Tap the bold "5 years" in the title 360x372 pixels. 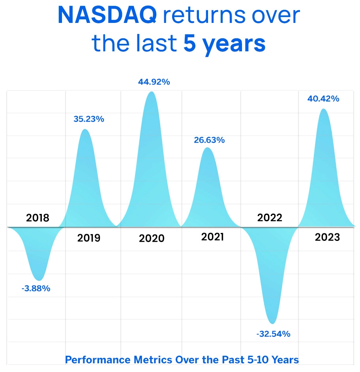pyautogui.click(x=224, y=44)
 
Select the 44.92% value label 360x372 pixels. pyautogui.click(x=154, y=83)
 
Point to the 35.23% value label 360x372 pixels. pyautogui.click(x=89, y=119)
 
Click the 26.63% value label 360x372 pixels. pyautogui.click(x=209, y=140)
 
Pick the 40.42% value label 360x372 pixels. pyautogui.click(x=323, y=99)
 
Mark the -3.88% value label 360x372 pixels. pyautogui.click(x=36, y=289)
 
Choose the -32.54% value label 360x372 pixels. pyautogui.click(x=273, y=334)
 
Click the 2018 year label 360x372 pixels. pyautogui.click(x=37, y=218)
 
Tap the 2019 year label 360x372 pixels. pyautogui.click(x=89, y=238)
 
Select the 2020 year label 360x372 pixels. pyautogui.click(x=152, y=239)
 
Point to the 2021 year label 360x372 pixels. pyautogui.click(x=212, y=237)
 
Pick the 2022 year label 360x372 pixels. pyautogui.click(x=270, y=218)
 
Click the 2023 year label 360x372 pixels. pyautogui.click(x=327, y=238)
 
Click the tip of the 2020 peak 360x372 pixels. pyautogui.click(x=152, y=92)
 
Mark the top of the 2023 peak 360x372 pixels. pyautogui.click(x=323, y=109)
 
